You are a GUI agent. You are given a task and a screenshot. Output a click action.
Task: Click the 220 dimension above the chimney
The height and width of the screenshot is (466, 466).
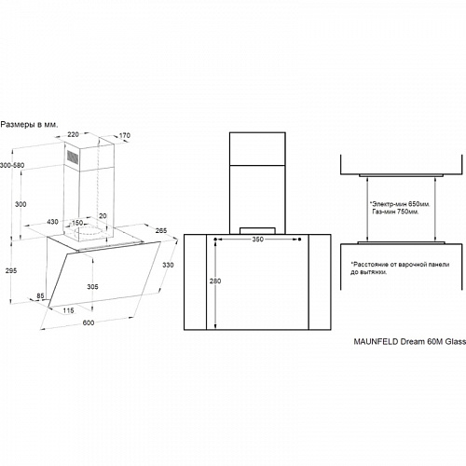(x=73, y=134)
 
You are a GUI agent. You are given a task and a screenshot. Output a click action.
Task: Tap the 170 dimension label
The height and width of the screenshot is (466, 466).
(x=125, y=135)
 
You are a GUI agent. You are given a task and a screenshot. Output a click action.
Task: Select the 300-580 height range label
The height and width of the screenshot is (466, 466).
(x=12, y=165)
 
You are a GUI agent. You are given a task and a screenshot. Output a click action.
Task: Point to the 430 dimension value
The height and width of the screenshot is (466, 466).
(x=52, y=222)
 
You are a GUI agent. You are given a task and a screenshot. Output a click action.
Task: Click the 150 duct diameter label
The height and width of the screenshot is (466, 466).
(x=77, y=223)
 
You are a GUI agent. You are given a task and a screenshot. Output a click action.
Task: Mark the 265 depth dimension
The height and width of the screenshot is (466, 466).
(x=161, y=230)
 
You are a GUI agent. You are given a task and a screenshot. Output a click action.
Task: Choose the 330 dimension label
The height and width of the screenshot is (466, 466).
(x=168, y=265)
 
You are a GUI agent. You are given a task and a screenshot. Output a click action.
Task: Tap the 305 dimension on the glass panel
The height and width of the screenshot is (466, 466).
(x=92, y=286)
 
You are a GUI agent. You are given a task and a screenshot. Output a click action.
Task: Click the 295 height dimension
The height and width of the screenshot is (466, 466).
(x=11, y=270)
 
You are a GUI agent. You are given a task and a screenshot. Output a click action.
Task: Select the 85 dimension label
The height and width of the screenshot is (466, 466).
(x=40, y=296)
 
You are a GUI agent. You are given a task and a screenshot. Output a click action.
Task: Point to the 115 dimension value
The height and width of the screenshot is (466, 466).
(x=68, y=310)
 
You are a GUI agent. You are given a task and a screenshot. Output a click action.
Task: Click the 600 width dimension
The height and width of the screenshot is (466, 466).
(x=89, y=322)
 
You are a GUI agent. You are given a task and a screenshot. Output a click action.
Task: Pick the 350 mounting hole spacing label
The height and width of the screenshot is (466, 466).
(x=258, y=240)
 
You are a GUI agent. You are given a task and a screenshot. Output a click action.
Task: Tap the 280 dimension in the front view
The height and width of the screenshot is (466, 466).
(x=215, y=281)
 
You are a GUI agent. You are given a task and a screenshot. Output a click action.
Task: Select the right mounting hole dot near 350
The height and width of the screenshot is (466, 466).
(x=299, y=240)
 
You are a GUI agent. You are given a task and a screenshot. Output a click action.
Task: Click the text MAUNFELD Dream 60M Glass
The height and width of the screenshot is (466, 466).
(x=410, y=342)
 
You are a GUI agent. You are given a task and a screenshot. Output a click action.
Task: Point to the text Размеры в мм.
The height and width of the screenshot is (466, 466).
(x=29, y=125)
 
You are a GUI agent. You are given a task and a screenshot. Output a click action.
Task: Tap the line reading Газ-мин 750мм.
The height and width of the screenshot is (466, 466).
(x=395, y=212)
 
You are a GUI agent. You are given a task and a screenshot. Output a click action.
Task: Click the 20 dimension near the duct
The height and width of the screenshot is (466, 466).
(x=103, y=216)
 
